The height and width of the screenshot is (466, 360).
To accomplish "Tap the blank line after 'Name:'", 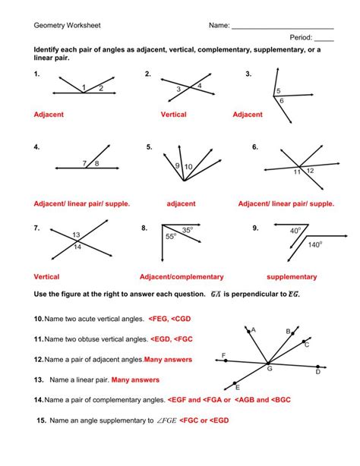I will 282,27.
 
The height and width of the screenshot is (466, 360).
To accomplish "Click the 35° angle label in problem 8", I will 187,228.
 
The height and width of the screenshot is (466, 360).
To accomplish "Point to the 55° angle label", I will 171,237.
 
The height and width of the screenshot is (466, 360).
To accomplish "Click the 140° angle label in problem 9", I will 315,245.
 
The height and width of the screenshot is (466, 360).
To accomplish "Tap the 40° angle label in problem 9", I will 295,230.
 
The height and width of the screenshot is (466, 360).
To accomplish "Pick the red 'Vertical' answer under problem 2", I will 173,115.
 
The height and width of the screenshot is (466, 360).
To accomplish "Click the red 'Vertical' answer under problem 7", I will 46,277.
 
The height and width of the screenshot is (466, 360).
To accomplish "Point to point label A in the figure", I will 253,330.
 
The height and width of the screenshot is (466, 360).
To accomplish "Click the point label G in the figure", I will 269,368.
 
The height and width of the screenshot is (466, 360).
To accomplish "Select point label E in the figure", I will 238,387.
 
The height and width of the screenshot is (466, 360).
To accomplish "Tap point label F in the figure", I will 223,355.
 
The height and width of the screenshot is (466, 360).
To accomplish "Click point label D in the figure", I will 317,372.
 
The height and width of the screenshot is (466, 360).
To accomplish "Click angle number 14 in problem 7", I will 77,247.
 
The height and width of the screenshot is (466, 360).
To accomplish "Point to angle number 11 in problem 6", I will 298,172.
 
